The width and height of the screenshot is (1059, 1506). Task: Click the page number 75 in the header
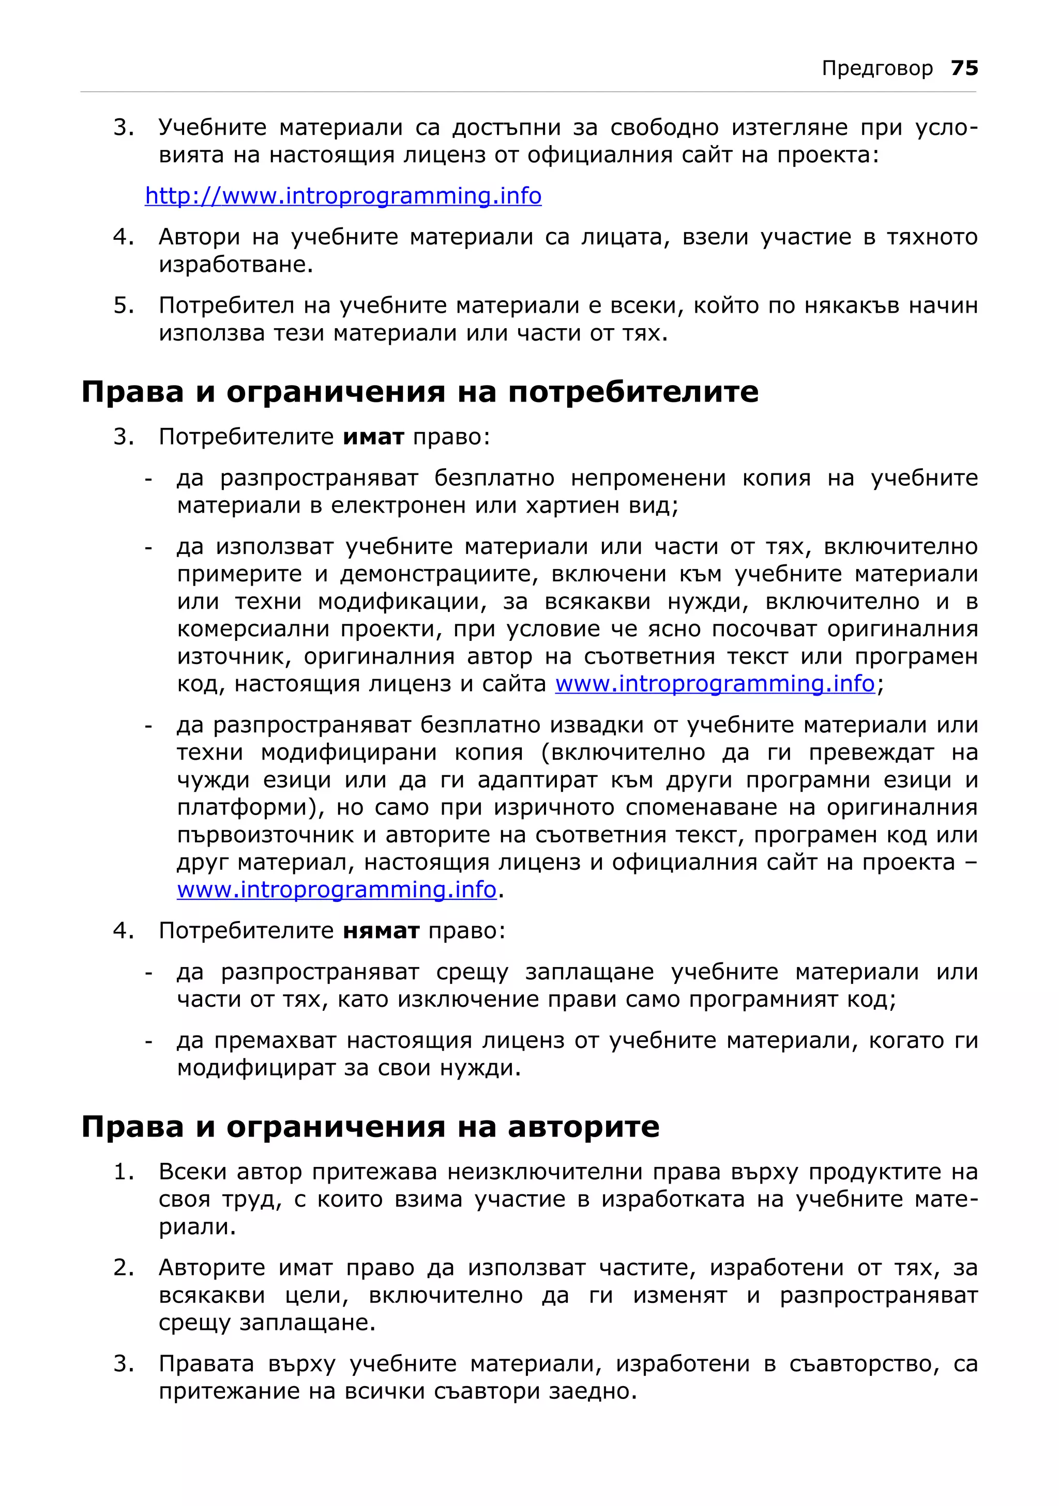[964, 68]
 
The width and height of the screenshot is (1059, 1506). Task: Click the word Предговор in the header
[876, 68]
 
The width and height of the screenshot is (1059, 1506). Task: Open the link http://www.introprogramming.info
[343, 195]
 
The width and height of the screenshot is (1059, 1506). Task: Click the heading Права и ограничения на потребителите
[420, 392]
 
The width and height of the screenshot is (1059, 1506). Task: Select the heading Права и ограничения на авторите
[370, 1126]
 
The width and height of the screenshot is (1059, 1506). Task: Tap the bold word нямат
[381, 930]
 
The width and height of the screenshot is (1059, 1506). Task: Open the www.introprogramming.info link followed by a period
[337, 889]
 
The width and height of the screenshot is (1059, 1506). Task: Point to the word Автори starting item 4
[200, 237]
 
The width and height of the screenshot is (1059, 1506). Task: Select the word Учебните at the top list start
[212, 127]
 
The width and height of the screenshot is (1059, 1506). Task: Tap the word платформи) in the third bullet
[250, 807]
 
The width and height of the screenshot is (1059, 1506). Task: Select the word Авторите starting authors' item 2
[212, 1267]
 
